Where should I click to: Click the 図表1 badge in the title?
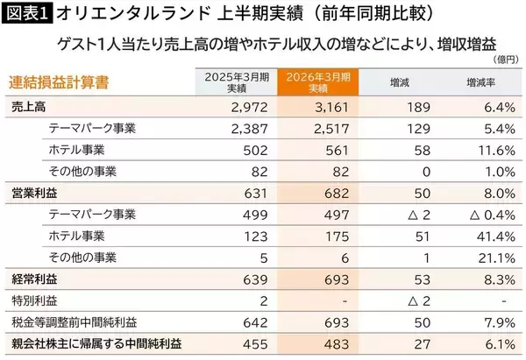coord(26,14)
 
